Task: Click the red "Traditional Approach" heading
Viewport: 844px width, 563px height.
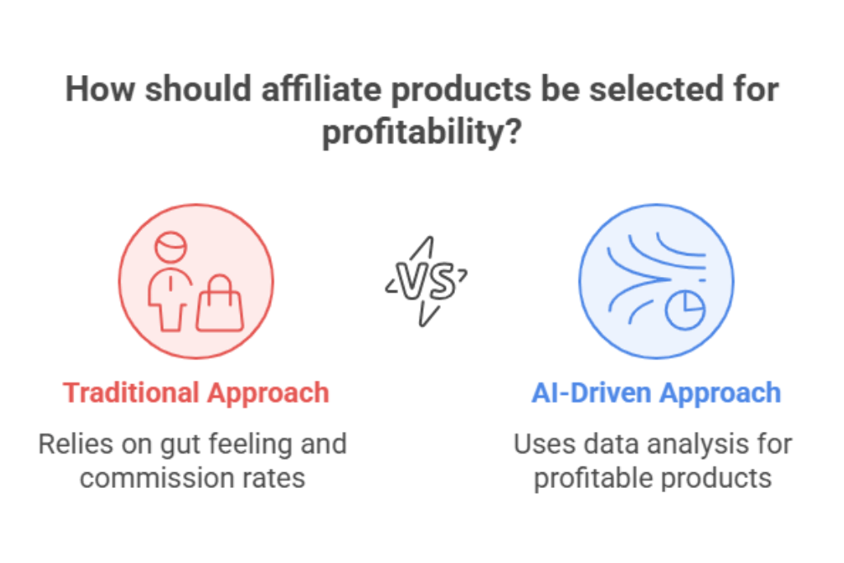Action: pos(196,392)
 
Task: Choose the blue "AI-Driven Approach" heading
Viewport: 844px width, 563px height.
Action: pos(656,392)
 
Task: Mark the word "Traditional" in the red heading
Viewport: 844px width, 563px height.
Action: pos(131,392)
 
